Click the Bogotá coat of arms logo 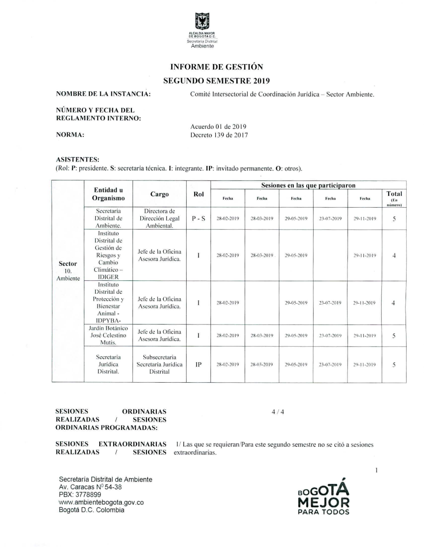point(202,22)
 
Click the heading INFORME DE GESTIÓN point(216,67)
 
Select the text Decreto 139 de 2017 point(219,135)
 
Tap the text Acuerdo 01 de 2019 point(218,127)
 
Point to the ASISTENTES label point(78,160)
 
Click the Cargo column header point(159,194)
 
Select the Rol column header point(198,194)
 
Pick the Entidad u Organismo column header point(109,194)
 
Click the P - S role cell point(198,219)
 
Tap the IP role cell point(198,364)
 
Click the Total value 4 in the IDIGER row point(394,256)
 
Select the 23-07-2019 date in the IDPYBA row point(330,303)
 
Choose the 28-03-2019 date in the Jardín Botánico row point(262,336)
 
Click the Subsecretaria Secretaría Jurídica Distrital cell point(159,364)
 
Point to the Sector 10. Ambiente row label point(68,271)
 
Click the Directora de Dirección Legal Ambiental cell point(159,219)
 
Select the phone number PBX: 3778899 point(80,495)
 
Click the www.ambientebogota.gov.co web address point(101,502)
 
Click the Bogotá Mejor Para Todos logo point(324,497)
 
